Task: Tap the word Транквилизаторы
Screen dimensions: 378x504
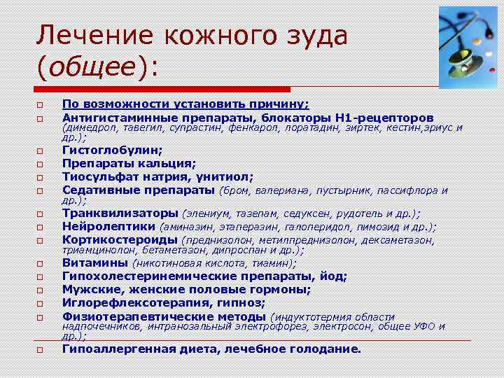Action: point(120,213)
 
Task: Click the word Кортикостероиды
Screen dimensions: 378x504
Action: point(119,239)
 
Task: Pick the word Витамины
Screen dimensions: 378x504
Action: point(94,263)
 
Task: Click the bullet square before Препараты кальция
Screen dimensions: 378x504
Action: point(41,164)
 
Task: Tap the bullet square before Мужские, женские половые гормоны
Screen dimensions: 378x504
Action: point(41,290)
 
